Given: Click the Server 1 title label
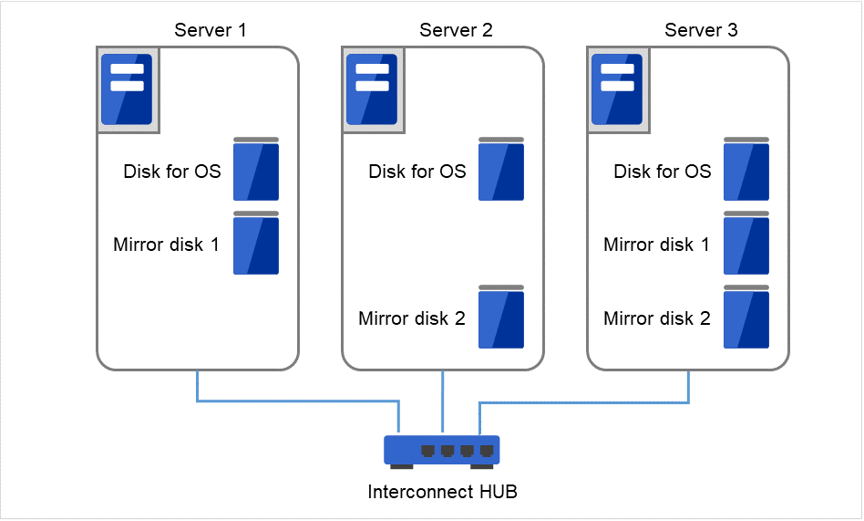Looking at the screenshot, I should [x=210, y=30].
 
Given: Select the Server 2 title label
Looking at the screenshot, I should [x=456, y=30].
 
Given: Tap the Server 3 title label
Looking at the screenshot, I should [x=701, y=30].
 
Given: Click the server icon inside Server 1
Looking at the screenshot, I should [x=127, y=89].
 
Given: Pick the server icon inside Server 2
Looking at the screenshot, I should [x=372, y=89].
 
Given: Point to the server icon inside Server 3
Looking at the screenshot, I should [x=617, y=89].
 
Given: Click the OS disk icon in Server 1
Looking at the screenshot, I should [x=256, y=170].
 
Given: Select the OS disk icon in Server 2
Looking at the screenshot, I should [x=501, y=170].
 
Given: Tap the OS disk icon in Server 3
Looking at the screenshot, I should [x=746, y=170].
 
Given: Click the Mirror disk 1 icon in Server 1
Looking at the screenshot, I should [x=256, y=244].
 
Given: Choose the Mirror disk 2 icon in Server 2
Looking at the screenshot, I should [x=501, y=318].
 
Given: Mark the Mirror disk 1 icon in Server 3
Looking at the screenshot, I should [x=746, y=244].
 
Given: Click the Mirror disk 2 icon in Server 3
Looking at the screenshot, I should [x=746, y=318].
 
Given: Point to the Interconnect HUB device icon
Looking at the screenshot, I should [x=442, y=451].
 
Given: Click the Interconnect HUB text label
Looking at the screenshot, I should [x=442, y=493].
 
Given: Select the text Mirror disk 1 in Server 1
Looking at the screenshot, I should [x=166, y=245].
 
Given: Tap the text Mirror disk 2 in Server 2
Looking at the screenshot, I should [x=412, y=318].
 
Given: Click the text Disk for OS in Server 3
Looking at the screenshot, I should [x=663, y=172].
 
